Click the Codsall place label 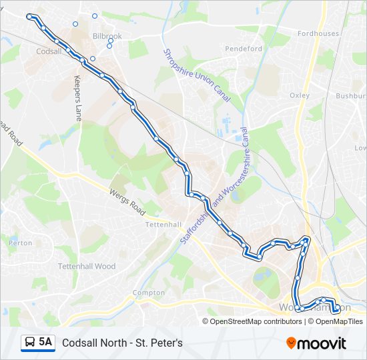point(49,51)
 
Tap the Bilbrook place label point(107,36)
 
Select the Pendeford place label point(244,49)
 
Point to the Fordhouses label point(318,33)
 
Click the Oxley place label point(300,95)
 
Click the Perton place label point(21,243)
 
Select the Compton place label point(149,293)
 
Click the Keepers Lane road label point(78,97)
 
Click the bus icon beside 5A point(30,343)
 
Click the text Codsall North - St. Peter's point(122,343)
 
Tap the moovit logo point(316,343)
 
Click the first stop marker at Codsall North point(29,16)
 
